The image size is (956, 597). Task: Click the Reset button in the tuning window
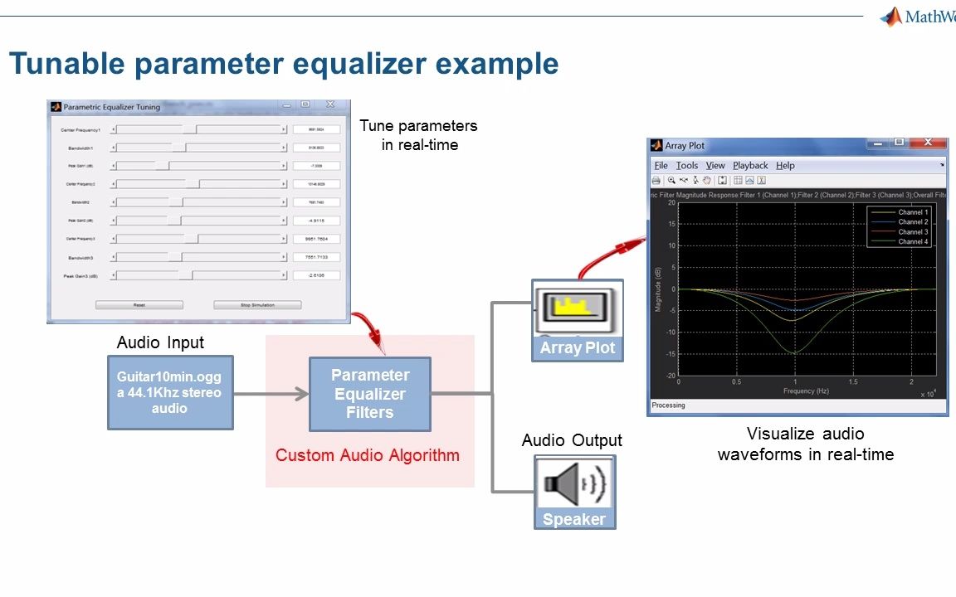pyautogui.click(x=139, y=305)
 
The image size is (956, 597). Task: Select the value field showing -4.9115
pyautogui.click(x=316, y=221)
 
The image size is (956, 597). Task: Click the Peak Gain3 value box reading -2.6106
pyautogui.click(x=316, y=275)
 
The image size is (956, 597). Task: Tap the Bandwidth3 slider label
pyautogui.click(x=82, y=257)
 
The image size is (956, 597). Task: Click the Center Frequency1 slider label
pyautogui.click(x=80, y=130)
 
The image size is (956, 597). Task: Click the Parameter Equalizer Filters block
pyautogui.click(x=370, y=394)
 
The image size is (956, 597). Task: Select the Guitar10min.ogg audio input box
pyautogui.click(x=170, y=392)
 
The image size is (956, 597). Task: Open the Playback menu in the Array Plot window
pyautogui.click(x=749, y=166)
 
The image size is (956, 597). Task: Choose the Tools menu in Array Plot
pyautogui.click(x=687, y=166)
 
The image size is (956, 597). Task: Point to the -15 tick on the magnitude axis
pyautogui.click(x=671, y=354)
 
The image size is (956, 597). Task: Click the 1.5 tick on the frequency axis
pyautogui.click(x=853, y=382)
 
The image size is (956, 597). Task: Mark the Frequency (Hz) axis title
pyautogui.click(x=794, y=391)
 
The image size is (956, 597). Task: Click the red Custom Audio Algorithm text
pyautogui.click(x=367, y=455)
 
